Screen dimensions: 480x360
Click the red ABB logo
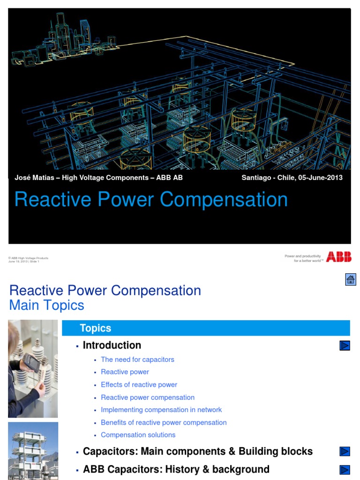point(338,256)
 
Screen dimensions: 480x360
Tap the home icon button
point(350,280)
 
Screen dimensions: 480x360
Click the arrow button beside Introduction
point(345,345)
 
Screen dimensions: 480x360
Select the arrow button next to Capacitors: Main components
point(345,451)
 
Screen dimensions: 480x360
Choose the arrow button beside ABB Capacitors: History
point(345,469)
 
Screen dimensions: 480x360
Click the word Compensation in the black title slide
point(224,200)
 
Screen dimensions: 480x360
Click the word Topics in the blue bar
point(95,328)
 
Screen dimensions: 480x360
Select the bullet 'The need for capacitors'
point(137,360)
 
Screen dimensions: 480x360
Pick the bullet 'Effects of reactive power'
point(139,384)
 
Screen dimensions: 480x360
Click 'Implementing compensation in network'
point(161,410)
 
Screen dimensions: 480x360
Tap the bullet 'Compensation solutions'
point(138,435)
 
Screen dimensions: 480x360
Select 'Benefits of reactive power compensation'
point(164,422)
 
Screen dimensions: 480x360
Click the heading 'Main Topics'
point(47,305)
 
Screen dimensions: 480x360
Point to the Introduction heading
point(112,345)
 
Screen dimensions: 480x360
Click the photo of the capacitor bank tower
point(33,450)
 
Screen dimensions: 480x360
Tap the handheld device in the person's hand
point(31,363)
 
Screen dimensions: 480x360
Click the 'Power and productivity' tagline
point(303,256)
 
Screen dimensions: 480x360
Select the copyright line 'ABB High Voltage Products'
point(29,258)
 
